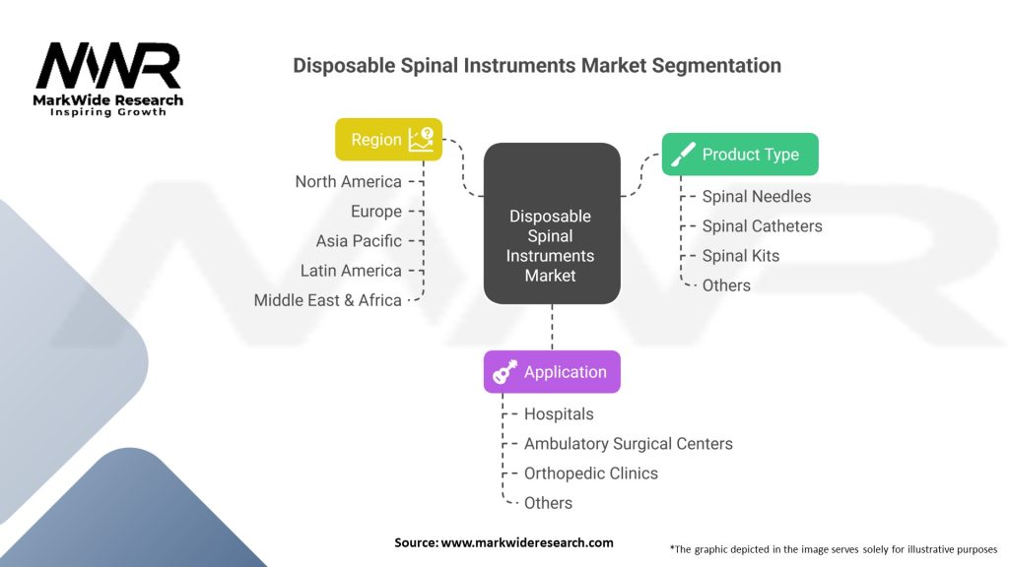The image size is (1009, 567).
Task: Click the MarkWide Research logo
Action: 108,79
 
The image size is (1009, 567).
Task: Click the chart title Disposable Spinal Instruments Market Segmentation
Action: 537,66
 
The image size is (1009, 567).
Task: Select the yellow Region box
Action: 388,140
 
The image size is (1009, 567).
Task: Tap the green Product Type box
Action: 739,155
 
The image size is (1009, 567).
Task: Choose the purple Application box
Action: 552,372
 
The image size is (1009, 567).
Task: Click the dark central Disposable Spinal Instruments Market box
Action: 551,223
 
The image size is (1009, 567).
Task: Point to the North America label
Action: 348,182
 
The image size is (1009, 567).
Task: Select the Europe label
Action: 375,212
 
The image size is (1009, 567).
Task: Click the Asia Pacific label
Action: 359,241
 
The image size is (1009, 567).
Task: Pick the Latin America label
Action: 351,271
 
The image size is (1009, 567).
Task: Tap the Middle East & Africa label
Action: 327,300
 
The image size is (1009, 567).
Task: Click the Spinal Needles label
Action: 756,197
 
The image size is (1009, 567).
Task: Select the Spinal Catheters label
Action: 762,226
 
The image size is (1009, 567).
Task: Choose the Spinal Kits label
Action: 740,256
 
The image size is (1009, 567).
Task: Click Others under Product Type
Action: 726,285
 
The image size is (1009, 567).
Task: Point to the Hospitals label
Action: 559,414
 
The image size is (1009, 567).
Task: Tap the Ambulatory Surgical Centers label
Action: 628,444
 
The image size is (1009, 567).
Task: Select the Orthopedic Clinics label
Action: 590,473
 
